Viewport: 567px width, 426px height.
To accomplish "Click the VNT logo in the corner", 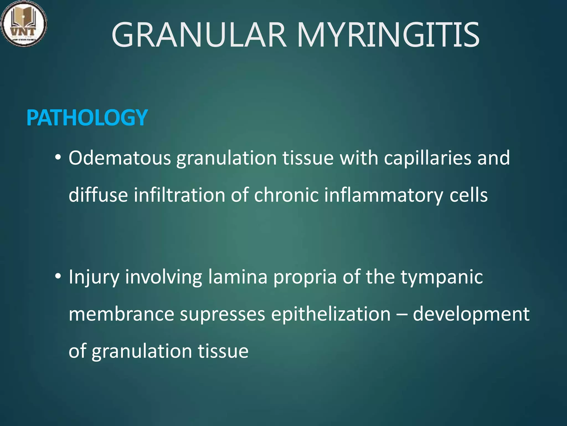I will coord(24,24).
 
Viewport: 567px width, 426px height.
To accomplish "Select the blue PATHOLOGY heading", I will coord(87,118).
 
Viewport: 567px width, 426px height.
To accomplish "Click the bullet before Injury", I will coord(58,276).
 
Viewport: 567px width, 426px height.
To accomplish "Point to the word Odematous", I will coord(120,158).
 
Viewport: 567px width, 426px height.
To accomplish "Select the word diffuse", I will coord(98,195).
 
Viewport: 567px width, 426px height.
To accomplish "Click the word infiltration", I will coord(179,195).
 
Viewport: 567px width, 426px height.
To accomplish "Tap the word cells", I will coord(468,195).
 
